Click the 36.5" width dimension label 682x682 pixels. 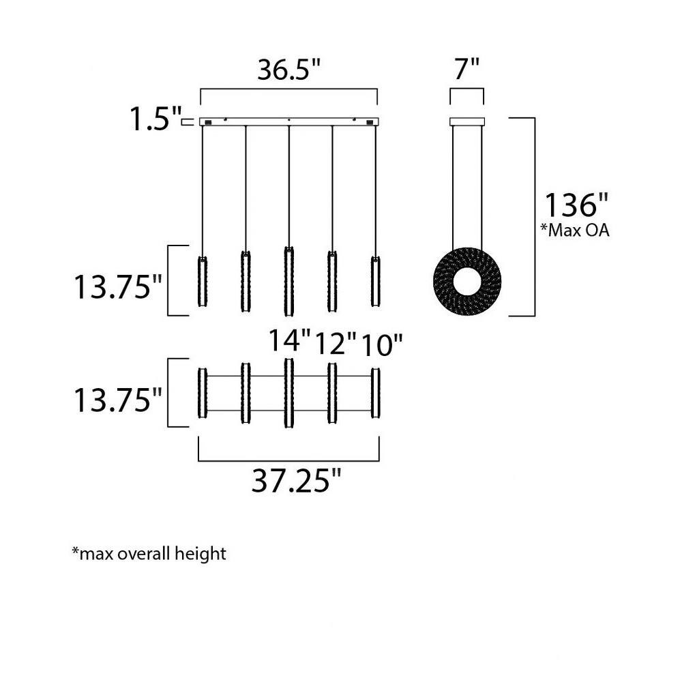[x=288, y=70]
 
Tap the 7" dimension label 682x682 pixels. [x=466, y=68]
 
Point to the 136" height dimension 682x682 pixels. [x=576, y=205]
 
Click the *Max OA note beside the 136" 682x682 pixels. [x=574, y=230]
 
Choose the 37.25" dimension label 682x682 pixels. [x=297, y=481]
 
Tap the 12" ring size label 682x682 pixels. [x=336, y=344]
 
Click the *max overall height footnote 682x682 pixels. [x=149, y=554]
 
